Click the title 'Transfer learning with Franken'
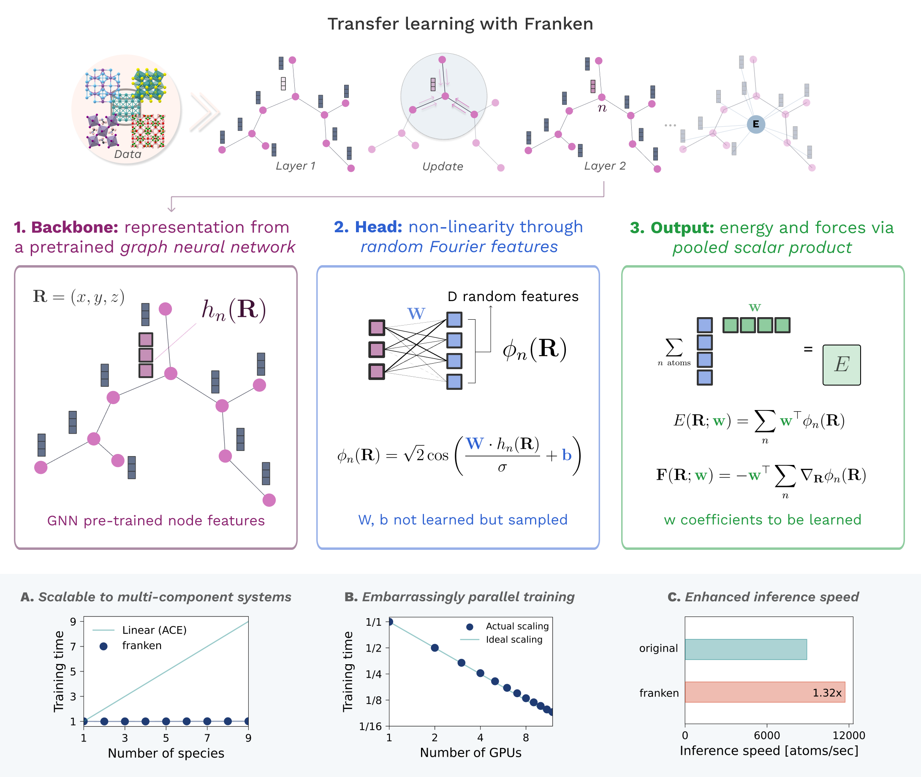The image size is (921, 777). coord(460,24)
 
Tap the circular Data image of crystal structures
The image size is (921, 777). coord(126,109)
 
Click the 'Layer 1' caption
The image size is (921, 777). coord(296,166)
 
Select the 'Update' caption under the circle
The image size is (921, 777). coord(443,166)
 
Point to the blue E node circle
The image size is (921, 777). coord(756,124)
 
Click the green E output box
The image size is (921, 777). coord(841,365)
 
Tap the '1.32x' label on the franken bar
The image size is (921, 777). coord(827,693)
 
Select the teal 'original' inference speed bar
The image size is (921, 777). coord(745,649)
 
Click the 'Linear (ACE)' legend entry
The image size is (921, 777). coord(154,630)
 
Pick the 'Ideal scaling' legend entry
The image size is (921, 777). coord(514,640)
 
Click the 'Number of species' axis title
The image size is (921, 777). coord(166,753)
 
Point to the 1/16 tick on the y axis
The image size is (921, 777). coord(370,726)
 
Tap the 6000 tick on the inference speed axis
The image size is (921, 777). coord(767,735)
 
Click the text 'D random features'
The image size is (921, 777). coord(513,296)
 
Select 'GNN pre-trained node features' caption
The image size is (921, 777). coord(156,521)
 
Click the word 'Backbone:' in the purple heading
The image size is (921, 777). coord(74,227)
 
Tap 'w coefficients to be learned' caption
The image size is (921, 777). coord(763,520)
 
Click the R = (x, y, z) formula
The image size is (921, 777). coord(79,297)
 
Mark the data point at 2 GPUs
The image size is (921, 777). coord(435,647)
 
